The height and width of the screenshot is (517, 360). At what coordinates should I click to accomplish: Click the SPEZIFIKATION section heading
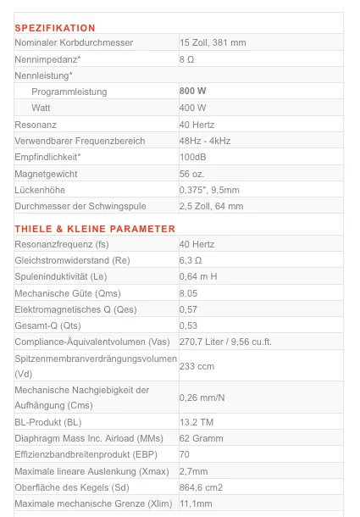pyautogui.click(x=55, y=29)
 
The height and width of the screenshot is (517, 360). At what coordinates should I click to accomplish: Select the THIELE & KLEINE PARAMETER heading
pyautogui.click(x=95, y=229)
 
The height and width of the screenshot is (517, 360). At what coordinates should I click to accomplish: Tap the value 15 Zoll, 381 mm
pyautogui.click(x=213, y=42)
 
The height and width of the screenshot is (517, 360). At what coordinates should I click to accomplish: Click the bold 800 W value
pyautogui.click(x=193, y=92)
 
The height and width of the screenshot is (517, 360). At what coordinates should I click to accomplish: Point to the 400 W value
pyautogui.click(x=193, y=108)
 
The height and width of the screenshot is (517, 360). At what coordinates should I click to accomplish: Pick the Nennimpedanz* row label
pyautogui.click(x=48, y=59)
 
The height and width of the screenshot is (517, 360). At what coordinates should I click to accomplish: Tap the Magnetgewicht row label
pyautogui.click(x=47, y=173)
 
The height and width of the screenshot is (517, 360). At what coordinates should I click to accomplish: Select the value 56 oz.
pyautogui.click(x=191, y=173)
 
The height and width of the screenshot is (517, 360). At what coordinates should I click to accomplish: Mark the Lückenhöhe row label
pyautogui.click(x=40, y=190)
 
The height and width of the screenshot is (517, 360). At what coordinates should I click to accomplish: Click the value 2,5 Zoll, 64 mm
pyautogui.click(x=211, y=206)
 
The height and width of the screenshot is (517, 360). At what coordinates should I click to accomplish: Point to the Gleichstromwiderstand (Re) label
pyautogui.click(x=72, y=260)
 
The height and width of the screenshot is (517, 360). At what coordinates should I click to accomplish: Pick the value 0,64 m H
pyautogui.click(x=198, y=276)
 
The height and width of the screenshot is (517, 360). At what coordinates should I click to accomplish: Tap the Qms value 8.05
pyautogui.click(x=188, y=292)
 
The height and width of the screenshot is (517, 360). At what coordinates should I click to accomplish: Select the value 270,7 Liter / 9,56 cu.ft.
pyautogui.click(x=225, y=342)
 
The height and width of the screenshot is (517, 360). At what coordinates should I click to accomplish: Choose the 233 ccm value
pyautogui.click(x=197, y=365)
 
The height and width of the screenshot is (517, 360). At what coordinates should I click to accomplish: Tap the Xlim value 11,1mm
pyautogui.click(x=195, y=503)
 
